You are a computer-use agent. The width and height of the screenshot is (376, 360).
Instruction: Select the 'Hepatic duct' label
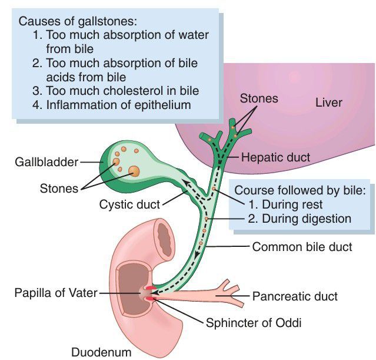point(275,157)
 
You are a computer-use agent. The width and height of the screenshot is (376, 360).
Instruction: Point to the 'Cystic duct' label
point(127,205)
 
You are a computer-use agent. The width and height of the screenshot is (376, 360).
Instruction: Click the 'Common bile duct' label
point(302,247)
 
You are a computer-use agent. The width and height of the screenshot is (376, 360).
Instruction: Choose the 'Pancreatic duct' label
point(295,296)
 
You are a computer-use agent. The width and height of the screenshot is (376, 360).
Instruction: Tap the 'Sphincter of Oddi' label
point(248,322)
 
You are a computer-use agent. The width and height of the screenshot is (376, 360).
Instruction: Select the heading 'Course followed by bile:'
point(300,190)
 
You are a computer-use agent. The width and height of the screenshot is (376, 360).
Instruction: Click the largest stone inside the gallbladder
point(135,171)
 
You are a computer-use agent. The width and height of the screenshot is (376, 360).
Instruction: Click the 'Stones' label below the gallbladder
point(59,189)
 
